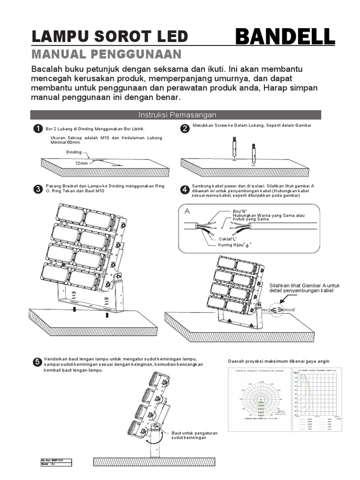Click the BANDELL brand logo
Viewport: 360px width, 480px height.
[x=285, y=37]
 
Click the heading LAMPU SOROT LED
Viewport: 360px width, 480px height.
[x=109, y=37]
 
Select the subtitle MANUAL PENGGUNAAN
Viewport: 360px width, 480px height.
[x=106, y=54]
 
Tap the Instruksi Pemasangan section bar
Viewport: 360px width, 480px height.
[x=176, y=115]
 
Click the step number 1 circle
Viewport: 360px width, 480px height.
[x=37, y=129]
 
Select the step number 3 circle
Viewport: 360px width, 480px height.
[x=37, y=189]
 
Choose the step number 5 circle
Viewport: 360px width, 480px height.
[x=37, y=362]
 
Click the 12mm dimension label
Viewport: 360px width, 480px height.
[x=81, y=163]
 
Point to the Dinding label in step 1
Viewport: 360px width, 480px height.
[x=74, y=152]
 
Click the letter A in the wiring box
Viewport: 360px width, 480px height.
[x=187, y=211]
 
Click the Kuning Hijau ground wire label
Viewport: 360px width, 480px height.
[x=232, y=245]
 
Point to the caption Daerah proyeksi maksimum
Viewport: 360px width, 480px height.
[x=278, y=361]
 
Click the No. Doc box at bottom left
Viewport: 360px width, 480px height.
[x=56, y=463]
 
